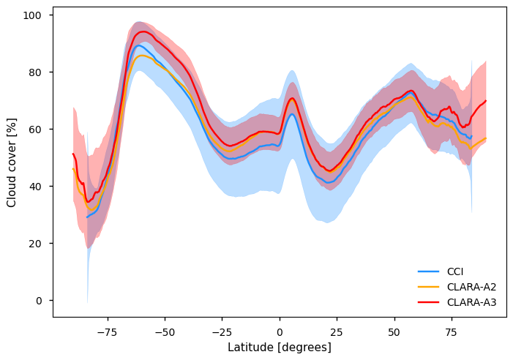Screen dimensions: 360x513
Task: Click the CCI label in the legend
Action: click(455, 271)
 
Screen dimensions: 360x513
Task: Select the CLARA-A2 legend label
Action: click(471, 287)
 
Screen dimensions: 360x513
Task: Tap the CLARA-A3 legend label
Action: click(471, 301)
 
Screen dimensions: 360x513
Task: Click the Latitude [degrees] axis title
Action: click(280, 347)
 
